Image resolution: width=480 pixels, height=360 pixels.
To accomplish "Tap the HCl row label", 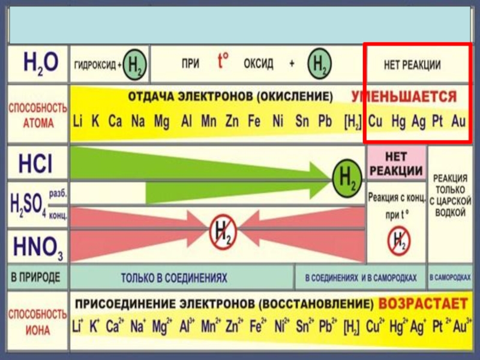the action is (36, 163).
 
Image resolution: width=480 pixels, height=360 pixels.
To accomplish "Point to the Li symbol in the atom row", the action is (78, 122).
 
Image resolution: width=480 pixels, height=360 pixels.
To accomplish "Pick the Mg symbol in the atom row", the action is (161, 122).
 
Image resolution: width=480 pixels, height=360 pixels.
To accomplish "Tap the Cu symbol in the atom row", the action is (376, 122).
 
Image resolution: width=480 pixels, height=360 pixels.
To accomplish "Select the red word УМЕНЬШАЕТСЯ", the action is (404, 97).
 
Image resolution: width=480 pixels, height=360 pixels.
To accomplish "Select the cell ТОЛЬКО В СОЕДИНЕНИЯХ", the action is (174, 278).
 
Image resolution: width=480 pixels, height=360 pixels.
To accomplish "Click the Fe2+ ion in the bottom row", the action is (256, 328).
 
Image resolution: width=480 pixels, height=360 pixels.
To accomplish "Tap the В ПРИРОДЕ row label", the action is (36, 278).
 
